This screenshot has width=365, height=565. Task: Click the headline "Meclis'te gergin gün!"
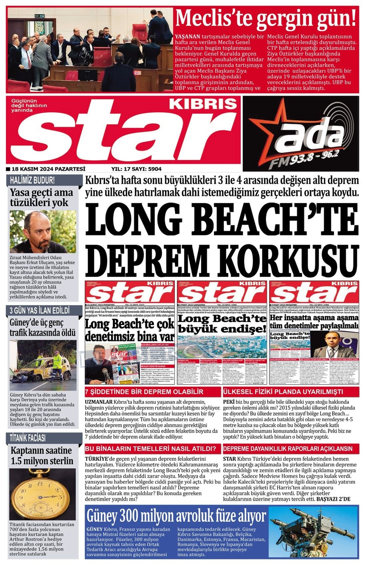coord(266,19)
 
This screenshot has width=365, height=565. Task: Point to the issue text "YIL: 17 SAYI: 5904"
coord(137,169)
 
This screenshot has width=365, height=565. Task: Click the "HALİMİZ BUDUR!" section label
coord(32,180)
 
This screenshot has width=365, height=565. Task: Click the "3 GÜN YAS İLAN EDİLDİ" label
coord(39,311)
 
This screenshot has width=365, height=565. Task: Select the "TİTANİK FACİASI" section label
coord(28,438)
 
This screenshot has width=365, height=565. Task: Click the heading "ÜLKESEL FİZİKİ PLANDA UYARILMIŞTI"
coord(283,392)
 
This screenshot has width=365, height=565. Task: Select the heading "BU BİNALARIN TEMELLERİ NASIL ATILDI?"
coord(153,449)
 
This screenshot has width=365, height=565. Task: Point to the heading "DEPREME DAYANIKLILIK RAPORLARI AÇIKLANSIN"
coord(288,449)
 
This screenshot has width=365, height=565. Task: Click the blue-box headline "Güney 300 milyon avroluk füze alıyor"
coord(176,516)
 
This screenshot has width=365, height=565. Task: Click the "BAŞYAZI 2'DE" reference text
coord(333,499)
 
